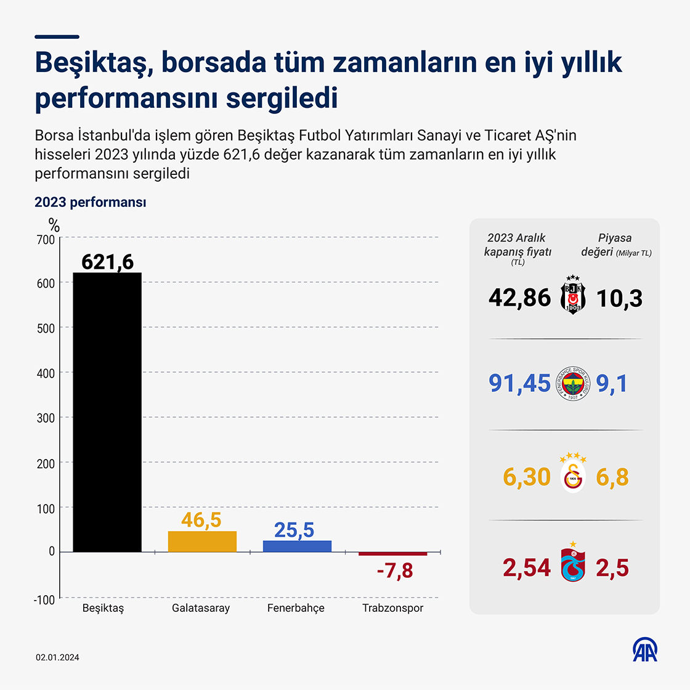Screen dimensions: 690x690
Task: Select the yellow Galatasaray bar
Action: pos(202,542)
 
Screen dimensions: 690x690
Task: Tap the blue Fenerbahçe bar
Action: pos(297,546)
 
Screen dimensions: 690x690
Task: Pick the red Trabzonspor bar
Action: pos(392,554)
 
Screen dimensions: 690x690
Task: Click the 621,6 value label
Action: pos(107,262)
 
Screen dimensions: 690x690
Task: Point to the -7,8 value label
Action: pos(395,571)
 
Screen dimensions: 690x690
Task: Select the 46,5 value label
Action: pos(201,520)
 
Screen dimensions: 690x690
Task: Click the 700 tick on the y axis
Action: pos(46,239)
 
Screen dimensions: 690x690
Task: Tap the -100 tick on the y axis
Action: pos(44,599)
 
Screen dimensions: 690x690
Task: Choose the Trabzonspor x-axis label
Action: pos(392,608)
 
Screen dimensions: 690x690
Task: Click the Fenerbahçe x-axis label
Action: pos(296,608)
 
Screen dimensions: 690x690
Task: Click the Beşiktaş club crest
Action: pos(573,295)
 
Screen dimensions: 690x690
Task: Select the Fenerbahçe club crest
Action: pos(573,383)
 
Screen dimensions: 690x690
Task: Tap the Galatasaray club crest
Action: pos(573,476)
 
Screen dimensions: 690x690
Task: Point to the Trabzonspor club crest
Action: pos(573,565)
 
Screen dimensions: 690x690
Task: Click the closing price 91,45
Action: pos(519,383)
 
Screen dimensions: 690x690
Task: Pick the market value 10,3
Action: pos(619,298)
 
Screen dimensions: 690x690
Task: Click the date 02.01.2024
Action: pos(57,657)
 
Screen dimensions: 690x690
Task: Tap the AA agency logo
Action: pos(645,649)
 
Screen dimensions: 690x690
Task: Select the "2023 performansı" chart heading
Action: pos(91,202)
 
